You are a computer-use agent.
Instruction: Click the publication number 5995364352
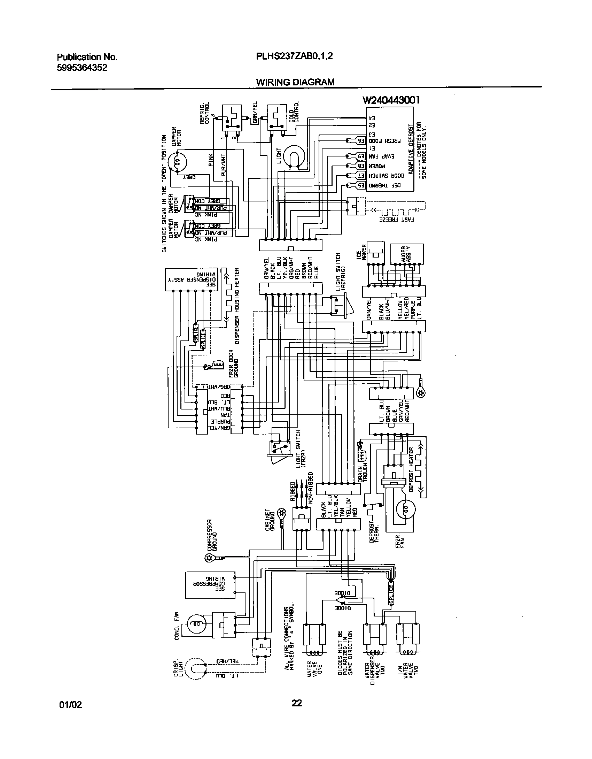point(82,68)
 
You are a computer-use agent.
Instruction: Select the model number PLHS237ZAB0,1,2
point(295,56)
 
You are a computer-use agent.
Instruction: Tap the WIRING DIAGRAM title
point(295,82)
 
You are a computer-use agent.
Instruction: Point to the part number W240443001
point(391,100)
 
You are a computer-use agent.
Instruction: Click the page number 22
point(296,703)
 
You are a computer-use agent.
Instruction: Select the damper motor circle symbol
point(177,162)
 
